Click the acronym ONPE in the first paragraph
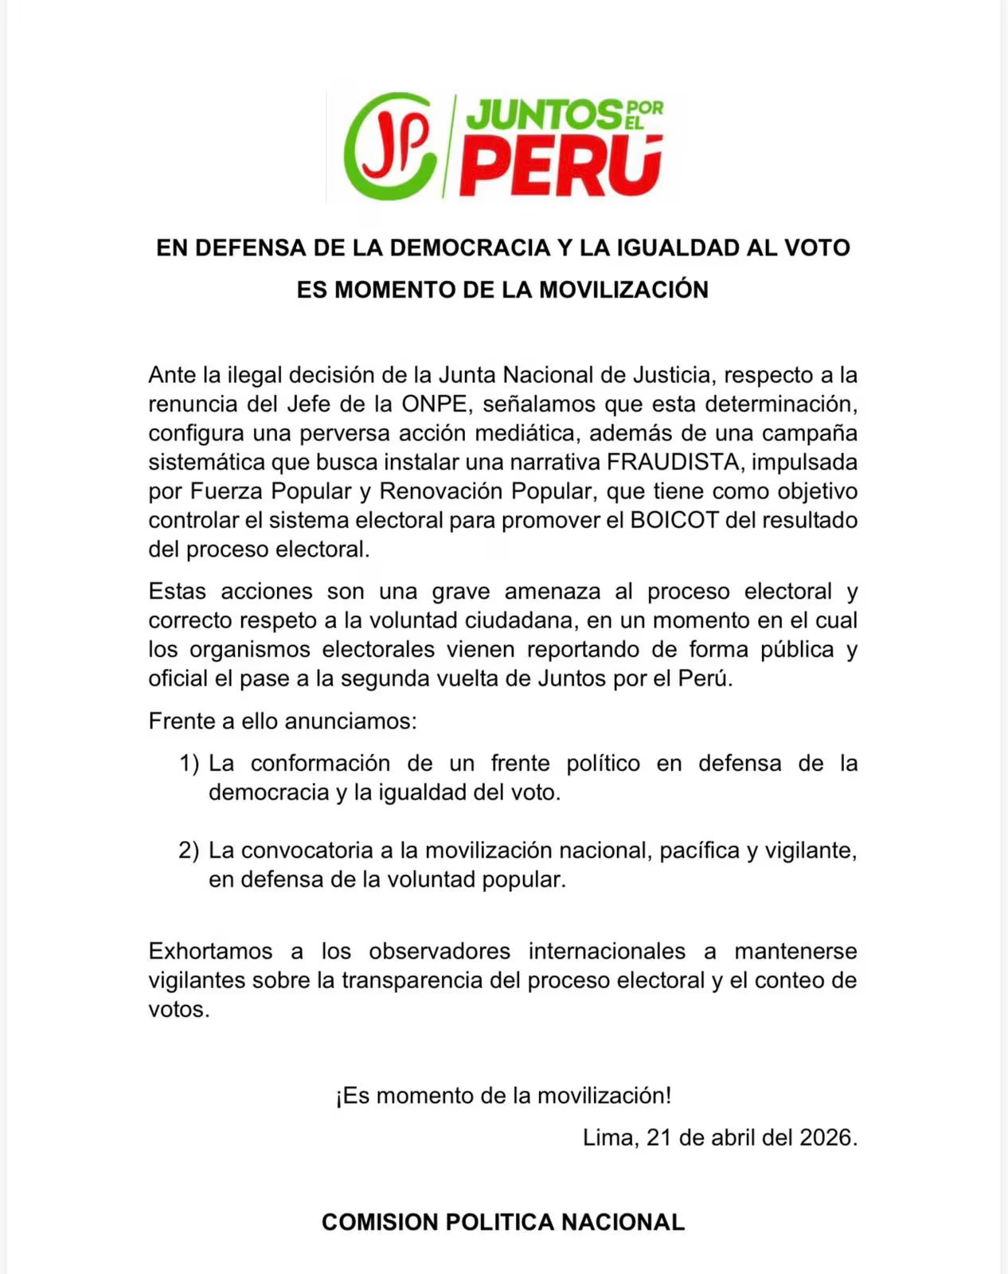(434, 404)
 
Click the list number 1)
(189, 764)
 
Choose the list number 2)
(189, 850)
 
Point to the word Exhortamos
(210, 952)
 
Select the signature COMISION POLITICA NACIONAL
(503, 1222)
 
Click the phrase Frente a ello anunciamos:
(283, 721)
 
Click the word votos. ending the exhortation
(179, 1010)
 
